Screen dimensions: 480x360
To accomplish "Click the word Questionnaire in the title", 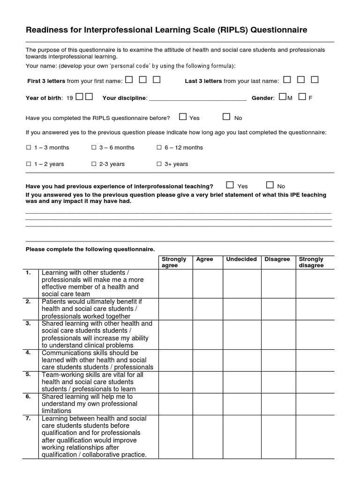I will pos(279,30).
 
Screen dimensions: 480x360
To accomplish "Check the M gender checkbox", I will pos(282,97).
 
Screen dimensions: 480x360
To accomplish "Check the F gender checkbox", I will pos(302,97).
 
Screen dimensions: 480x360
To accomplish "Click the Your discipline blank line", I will pos(197,98).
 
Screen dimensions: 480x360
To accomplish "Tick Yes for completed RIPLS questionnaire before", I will pos(183,117).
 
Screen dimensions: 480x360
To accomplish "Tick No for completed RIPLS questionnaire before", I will pos(226,117).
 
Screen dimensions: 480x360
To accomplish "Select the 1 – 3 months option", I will pos(28,148).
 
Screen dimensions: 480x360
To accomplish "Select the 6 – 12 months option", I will pos(158,148).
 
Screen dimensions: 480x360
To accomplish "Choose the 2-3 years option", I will pos(94,164).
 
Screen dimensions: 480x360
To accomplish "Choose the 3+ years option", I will pos(158,164).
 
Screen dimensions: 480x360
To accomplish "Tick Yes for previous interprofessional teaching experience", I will pos(230,185).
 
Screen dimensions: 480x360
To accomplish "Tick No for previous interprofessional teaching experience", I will pos(270,185).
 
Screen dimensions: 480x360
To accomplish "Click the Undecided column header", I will pos(241,259).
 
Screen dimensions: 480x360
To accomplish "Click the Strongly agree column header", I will pos(174,262).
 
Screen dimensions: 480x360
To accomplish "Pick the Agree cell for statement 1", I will pos(207,284).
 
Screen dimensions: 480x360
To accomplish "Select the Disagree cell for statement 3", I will pos(278,335).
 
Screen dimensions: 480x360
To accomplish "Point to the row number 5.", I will pos(28,375).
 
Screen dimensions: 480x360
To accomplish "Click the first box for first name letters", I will pos(129,80).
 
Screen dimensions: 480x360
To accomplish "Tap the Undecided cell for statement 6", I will pos(242,404).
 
